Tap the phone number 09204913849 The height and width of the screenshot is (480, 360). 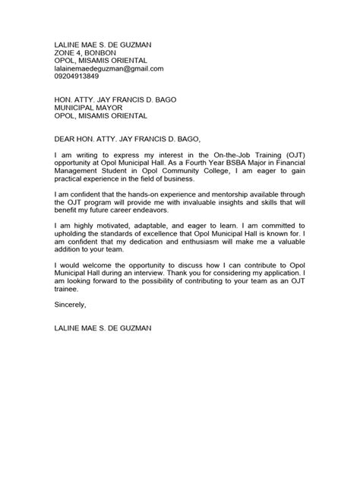pyautogui.click(x=76, y=77)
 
